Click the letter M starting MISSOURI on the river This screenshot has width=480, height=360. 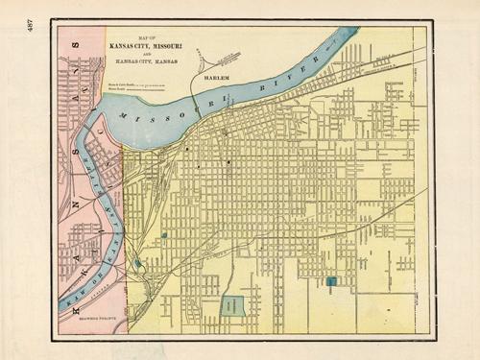[x=122, y=117]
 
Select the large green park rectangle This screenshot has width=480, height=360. [x=231, y=306]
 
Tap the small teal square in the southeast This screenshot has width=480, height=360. [x=331, y=281]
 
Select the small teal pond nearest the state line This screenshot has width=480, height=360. [x=137, y=262]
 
